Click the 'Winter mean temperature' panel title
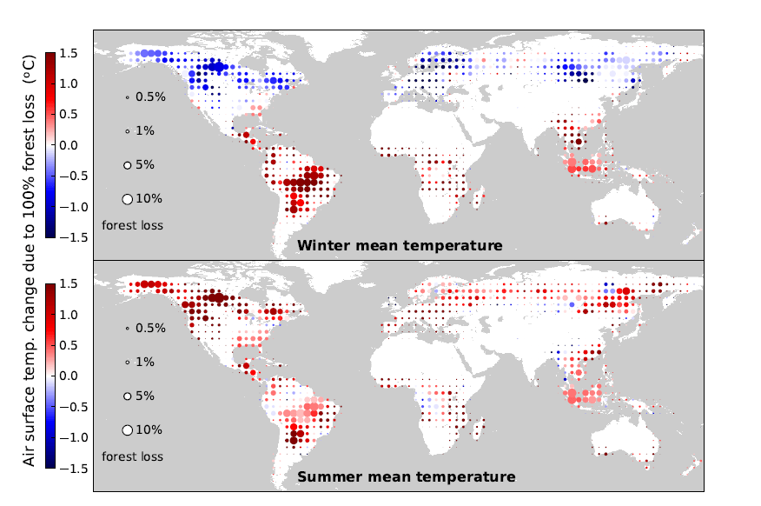(x=399, y=246)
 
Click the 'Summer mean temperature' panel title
(x=406, y=477)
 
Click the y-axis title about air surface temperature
(x=30, y=260)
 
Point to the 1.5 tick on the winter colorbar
(x=69, y=53)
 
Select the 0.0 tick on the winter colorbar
(x=69, y=145)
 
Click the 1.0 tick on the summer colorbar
(x=69, y=315)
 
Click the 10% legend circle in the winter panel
(x=127, y=199)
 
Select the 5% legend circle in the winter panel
(x=127, y=165)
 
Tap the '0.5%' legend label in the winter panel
(x=150, y=97)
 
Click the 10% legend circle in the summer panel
(x=127, y=429)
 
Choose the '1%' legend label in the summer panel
(x=145, y=362)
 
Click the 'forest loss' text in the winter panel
(x=132, y=225)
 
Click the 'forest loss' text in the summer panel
(x=132, y=456)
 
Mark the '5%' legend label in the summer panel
(x=145, y=396)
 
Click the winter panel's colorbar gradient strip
(x=50, y=145)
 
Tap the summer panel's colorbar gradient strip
(x=50, y=376)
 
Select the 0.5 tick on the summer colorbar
(x=69, y=345)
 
